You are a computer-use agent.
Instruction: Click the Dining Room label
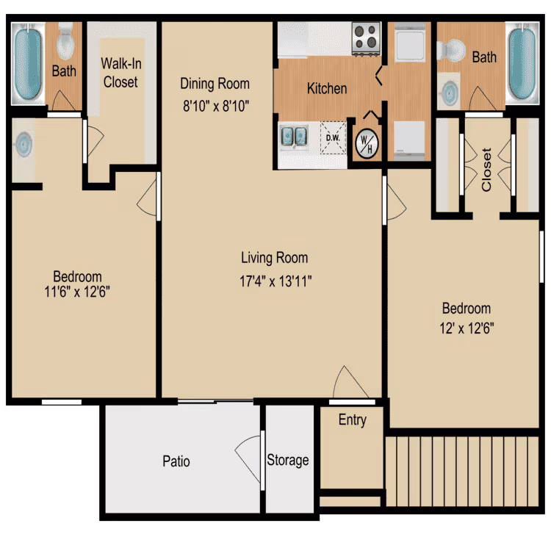coord(216,84)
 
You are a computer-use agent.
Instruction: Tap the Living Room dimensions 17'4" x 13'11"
coord(274,280)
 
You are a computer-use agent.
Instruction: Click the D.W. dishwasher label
coord(332,137)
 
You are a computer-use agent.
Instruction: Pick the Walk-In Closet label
coord(120,73)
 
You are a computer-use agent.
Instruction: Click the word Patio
coord(176,461)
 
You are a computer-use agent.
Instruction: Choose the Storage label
coord(287,460)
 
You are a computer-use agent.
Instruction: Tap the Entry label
coord(352,420)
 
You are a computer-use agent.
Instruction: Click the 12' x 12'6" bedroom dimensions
coord(466,329)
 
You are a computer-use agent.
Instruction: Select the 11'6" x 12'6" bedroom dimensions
coord(77,291)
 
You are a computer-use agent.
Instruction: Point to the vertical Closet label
coord(486,170)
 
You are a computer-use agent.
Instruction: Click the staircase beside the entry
coord(463,470)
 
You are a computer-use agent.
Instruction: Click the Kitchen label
coord(327,88)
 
